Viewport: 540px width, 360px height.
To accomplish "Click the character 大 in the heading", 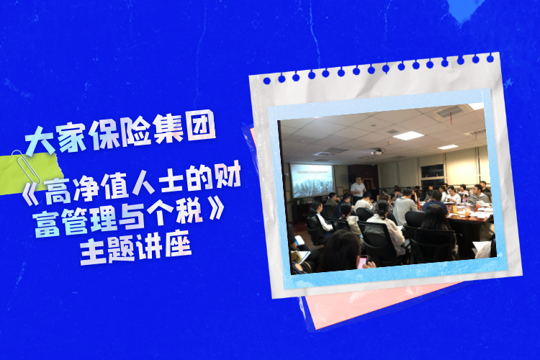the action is tap(40, 140).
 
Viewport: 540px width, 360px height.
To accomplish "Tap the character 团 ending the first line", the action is tap(201, 127).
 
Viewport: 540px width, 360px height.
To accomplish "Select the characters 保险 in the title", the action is tap(120, 133).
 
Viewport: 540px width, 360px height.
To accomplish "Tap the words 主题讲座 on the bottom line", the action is tap(135, 247).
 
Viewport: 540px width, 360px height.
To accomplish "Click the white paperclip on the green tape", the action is tap(26, 168).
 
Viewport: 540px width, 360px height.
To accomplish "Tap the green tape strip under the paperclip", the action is tap(30, 174).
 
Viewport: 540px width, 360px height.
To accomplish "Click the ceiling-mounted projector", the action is tap(378, 152).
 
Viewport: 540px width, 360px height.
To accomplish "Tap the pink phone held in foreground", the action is tap(362, 262).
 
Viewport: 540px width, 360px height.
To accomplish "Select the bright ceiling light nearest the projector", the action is tap(408, 135).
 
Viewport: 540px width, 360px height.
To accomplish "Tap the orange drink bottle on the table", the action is tap(466, 212).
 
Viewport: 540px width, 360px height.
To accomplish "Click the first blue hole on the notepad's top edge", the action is tap(267, 81).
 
